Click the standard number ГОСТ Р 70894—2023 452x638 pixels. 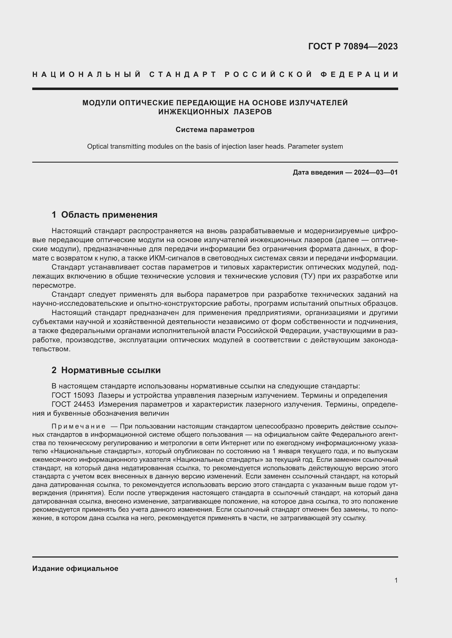coord(353,46)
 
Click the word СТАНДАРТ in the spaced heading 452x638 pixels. coord(183,74)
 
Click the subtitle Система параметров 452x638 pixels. coord(215,130)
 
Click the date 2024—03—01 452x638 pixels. coord(376,172)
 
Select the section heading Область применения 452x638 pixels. coord(109,214)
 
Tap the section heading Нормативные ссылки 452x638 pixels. coord(111,370)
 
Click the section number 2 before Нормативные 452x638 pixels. coord(54,370)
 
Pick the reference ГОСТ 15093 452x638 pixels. coord(73,395)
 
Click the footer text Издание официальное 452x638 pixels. coord(75,568)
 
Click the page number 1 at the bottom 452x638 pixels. coord(396,580)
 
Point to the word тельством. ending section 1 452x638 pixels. coord(51,349)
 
